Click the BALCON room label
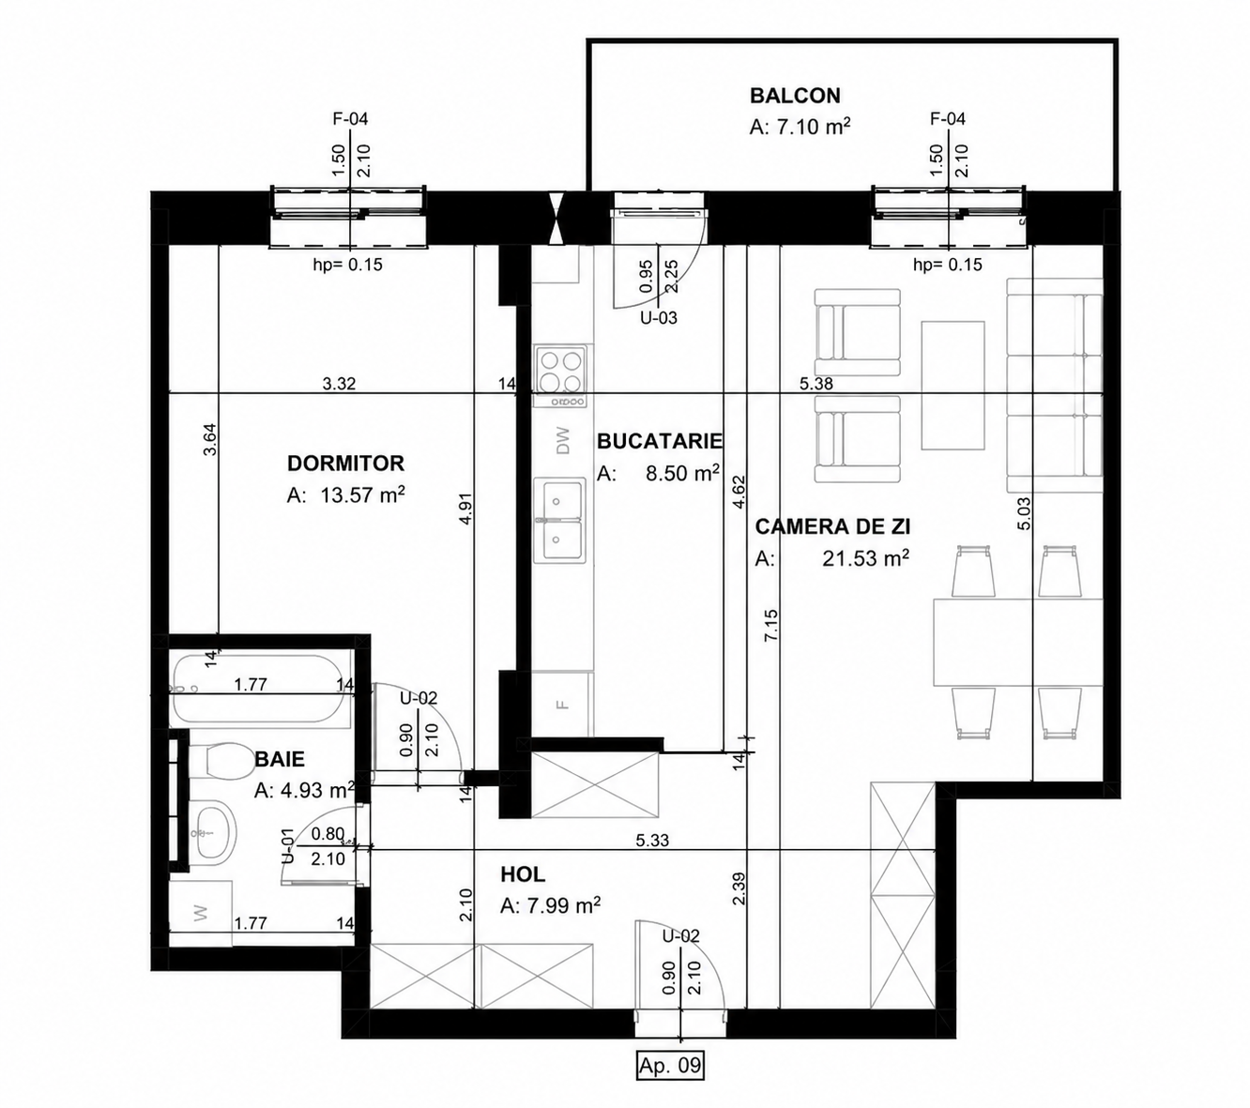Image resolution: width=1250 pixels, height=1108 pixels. pyautogui.click(x=795, y=96)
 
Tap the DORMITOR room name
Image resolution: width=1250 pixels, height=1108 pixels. pyautogui.click(x=345, y=463)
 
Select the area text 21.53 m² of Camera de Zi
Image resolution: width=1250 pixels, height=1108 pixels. pyautogui.click(x=865, y=558)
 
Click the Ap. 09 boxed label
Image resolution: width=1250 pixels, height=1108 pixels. pyautogui.click(x=669, y=1066)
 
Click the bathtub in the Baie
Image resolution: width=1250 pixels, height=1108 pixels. pyautogui.click(x=262, y=691)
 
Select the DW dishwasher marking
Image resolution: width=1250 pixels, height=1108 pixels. pyautogui.click(x=563, y=441)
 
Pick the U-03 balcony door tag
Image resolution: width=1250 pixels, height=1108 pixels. pyautogui.click(x=659, y=318)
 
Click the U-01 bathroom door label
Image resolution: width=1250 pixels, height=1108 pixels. pyautogui.click(x=287, y=846)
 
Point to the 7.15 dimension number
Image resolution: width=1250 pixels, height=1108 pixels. pyautogui.click(x=770, y=625)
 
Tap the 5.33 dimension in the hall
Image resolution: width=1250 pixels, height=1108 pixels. pyautogui.click(x=652, y=840)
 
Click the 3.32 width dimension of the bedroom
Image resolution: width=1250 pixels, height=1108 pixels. pyautogui.click(x=339, y=384)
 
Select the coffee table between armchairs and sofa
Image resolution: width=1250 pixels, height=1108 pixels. pyautogui.click(x=953, y=386)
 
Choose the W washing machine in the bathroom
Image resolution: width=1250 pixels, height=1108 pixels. pyautogui.click(x=201, y=913)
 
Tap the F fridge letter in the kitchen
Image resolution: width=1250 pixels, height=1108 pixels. pyautogui.click(x=563, y=704)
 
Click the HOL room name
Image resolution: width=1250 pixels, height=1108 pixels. pyautogui.click(x=523, y=874)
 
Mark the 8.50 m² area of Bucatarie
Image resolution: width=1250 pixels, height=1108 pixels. pyautogui.click(x=682, y=473)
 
